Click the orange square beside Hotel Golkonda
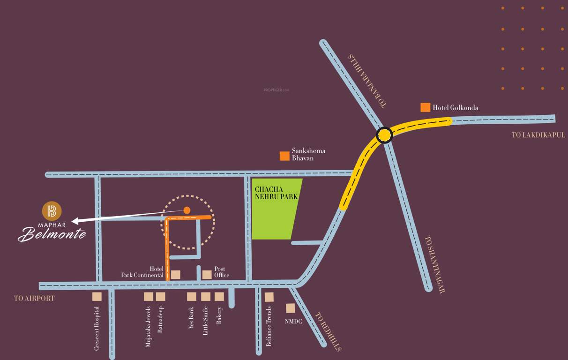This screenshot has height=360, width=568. point(425,107)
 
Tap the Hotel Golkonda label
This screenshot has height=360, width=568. point(455,108)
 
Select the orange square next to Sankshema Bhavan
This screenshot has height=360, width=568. point(284,156)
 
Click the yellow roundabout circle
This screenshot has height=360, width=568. point(384,135)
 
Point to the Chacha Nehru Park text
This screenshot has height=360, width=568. point(276,193)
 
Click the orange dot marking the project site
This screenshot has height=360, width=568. point(187,210)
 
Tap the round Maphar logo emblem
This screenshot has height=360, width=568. point(52,211)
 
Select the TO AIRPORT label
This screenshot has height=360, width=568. point(34,298)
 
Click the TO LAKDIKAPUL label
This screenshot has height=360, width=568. point(538,135)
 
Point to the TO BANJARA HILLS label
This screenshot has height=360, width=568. point(367,81)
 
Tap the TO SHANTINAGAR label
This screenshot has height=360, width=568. point(434,264)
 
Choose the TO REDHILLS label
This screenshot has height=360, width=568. point(328,331)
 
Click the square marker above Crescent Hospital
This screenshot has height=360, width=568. point(97,296)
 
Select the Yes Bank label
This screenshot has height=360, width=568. point(191,318)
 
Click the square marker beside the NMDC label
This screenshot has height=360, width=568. point(291,308)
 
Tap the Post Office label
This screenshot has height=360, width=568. point(222,272)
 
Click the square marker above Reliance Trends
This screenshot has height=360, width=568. point(269,297)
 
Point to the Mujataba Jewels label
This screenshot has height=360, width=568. point(149,326)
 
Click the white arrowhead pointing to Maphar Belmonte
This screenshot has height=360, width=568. point(75,221)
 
